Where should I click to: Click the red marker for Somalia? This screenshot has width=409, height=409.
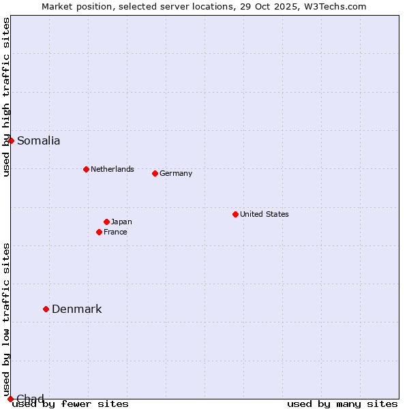tap(11, 140)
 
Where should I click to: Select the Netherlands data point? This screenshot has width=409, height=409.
tap(86, 169)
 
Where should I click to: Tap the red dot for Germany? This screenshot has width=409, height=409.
tap(155, 173)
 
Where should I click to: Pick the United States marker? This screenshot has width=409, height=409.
tap(235, 214)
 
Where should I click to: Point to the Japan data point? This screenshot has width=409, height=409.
tap(106, 222)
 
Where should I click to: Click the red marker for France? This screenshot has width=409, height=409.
tap(99, 232)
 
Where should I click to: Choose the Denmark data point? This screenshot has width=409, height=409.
tap(46, 309)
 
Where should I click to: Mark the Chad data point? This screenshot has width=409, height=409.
tap(10, 399)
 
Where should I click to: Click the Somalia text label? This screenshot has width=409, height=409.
tap(38, 141)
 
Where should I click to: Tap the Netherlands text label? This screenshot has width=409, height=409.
tap(112, 169)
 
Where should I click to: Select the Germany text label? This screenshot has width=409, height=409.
tap(176, 173)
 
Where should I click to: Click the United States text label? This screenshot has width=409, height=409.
tap(264, 214)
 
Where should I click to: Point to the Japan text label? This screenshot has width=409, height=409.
tap(121, 222)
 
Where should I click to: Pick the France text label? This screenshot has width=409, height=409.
tap(115, 232)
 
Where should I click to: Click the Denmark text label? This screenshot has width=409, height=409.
tap(76, 309)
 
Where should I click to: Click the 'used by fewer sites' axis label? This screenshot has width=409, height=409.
tap(70, 404)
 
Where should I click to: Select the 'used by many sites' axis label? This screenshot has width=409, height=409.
tap(342, 404)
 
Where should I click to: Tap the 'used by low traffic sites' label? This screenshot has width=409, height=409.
tap(7, 319)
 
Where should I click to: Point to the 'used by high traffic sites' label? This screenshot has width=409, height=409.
tap(7, 97)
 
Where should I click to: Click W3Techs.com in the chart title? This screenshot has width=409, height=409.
tap(333, 6)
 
